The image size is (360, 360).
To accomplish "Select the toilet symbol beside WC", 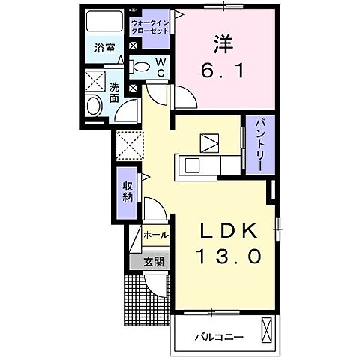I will pyautogui.click(x=140, y=67).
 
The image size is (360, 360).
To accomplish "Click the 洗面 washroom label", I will pyautogui.click(x=114, y=91).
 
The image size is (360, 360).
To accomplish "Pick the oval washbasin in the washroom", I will pyautogui.click(x=94, y=106).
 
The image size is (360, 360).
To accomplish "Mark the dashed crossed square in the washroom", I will pyautogui.click(x=95, y=80).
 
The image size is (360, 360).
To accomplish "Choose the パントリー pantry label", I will pyautogui.click(x=255, y=144).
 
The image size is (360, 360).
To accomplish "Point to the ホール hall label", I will pyautogui.click(x=154, y=235).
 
